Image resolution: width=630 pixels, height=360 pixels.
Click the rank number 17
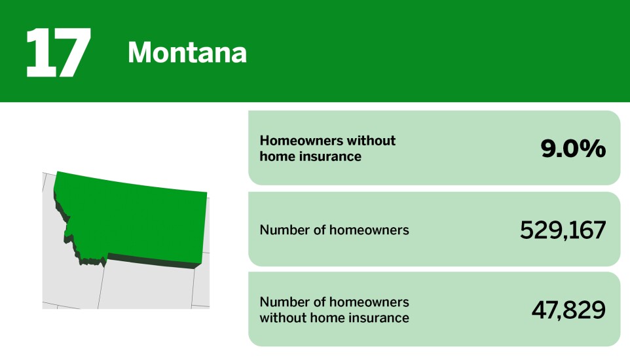coord(58,53)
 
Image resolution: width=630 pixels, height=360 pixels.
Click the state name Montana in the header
coord(187,52)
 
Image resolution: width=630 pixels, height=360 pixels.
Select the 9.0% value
coord(572,149)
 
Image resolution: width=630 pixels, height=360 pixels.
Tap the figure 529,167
coord(563,230)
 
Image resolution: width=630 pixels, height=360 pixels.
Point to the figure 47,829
coord(568,310)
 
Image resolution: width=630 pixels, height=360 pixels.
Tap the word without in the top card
coord(371,141)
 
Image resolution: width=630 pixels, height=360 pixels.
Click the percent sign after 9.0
coord(595,149)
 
